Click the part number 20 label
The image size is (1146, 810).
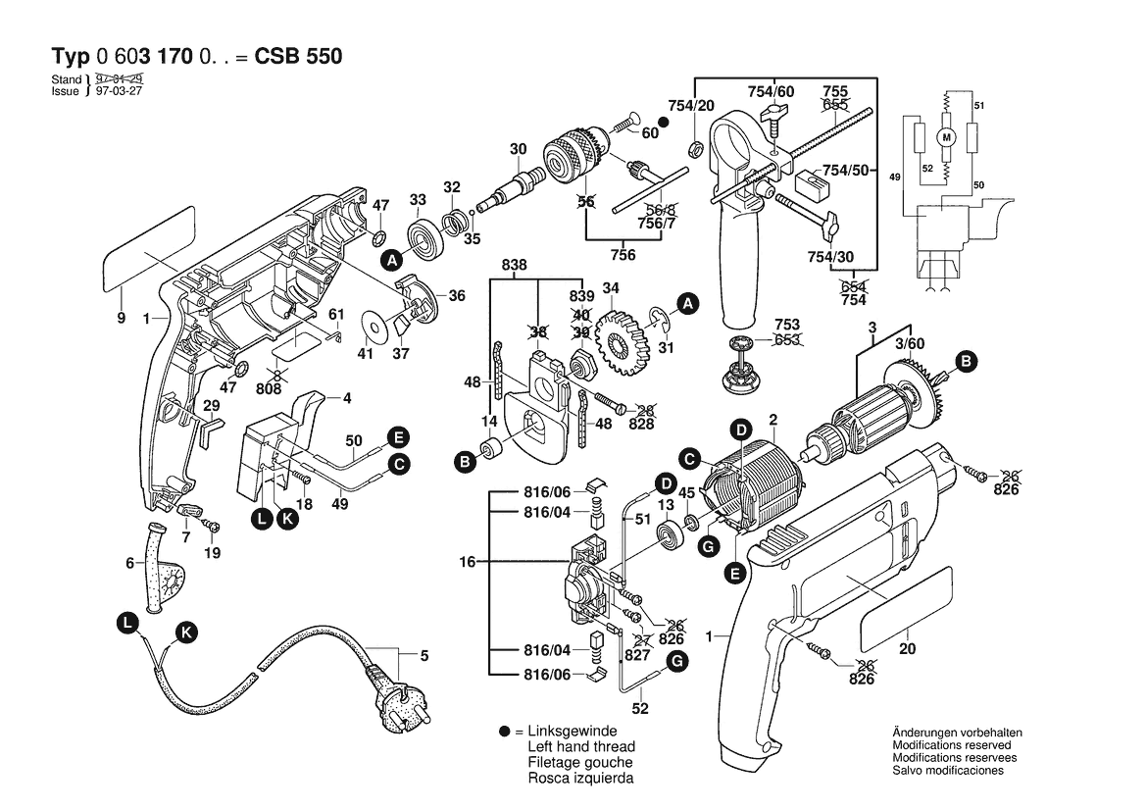point(907,649)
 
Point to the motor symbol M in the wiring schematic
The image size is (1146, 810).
point(947,138)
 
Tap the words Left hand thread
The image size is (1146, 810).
point(580,747)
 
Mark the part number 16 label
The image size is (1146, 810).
point(467,562)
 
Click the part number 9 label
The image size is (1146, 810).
point(122,318)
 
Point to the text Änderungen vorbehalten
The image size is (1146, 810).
point(958,734)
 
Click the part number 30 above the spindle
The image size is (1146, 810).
point(519,149)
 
